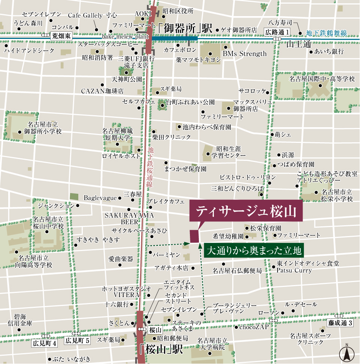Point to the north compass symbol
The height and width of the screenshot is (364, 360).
click(347, 353)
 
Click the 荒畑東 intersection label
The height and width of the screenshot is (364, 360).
click(61, 36)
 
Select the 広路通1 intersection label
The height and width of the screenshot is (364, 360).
click(277, 32)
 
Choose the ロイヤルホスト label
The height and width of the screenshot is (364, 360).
click(121, 156)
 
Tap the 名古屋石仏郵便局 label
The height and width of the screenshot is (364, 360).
click(237, 270)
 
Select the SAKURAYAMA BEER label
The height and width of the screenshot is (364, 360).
click(129, 218)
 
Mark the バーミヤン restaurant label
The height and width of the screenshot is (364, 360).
click(167, 254)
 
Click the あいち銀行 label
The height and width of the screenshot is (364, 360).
click(329, 51)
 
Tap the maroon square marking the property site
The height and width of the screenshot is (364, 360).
click(194, 236)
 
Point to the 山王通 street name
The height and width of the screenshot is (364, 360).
click(299, 44)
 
